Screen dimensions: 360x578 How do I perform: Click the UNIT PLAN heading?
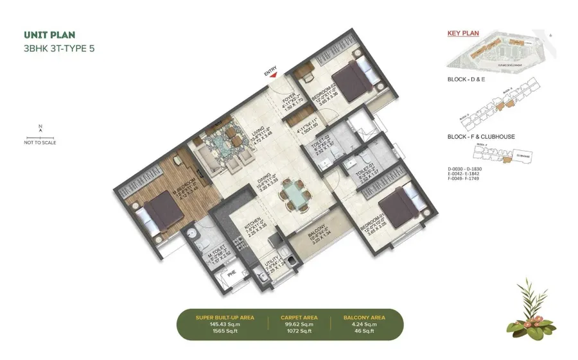48,35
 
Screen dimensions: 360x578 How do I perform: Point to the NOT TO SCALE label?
40,142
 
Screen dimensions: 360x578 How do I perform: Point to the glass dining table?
295,194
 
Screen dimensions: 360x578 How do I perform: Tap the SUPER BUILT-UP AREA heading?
225,317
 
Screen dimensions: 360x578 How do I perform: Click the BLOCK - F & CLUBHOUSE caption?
481,137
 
